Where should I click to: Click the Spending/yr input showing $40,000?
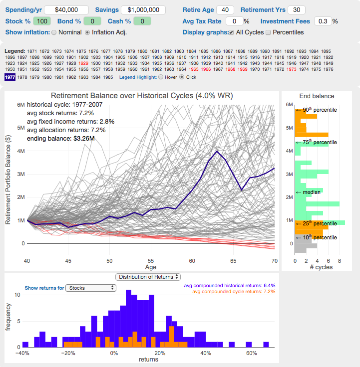(66, 10)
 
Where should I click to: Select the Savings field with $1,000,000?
(143, 10)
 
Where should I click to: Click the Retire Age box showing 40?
(225, 10)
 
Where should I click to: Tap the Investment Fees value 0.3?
(323, 21)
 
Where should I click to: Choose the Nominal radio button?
(54, 32)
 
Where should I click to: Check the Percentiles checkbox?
(268, 32)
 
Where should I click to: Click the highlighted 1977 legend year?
(10, 77)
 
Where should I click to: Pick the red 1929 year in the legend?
(83, 63)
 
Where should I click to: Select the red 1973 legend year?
(291, 69)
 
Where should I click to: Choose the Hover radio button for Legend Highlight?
(161, 77)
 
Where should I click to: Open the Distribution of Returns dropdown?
(148, 277)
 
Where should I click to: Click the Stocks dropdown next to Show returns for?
(91, 288)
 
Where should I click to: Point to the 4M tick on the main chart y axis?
(21, 151)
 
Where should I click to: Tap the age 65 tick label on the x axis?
(233, 261)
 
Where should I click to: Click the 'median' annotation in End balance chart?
(311, 192)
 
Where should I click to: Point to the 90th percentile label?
(320, 110)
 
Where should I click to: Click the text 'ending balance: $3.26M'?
(61, 139)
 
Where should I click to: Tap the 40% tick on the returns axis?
(206, 353)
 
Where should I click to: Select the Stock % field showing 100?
(42, 21)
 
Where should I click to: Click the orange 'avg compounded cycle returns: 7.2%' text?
(234, 292)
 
